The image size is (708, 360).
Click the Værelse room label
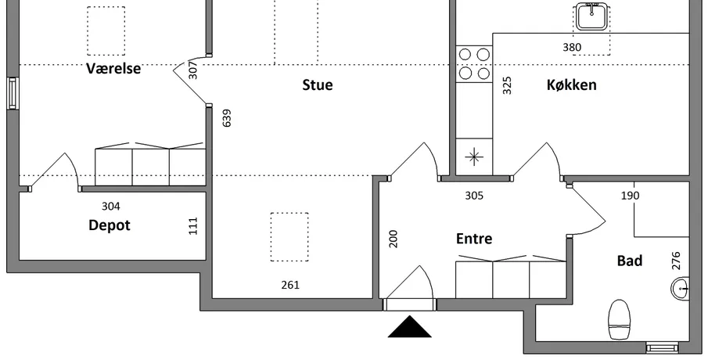coord(113,69)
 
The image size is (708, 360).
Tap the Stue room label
coord(318,85)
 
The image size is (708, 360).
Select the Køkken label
coord(572,85)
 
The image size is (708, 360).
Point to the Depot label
coord(110,225)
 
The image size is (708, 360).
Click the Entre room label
coord(474,239)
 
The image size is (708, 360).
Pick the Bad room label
coord(630,261)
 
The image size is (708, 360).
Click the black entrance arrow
coord(409,326)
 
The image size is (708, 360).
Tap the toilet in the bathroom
coord(619,319)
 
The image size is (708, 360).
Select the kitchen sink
coord(591,16)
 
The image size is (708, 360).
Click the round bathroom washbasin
coord(680,288)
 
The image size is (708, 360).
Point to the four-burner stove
coord(474,63)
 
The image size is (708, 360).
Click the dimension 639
coord(227,118)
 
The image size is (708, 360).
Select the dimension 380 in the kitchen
coord(572,47)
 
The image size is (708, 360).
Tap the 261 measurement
coord(290,285)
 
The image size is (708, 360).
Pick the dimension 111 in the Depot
coord(193,226)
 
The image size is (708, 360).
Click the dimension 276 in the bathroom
coord(676,261)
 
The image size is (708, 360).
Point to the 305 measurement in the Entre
coord(474,196)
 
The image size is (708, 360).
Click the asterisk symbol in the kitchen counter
coord(474,157)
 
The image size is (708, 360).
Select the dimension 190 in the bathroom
coord(631,196)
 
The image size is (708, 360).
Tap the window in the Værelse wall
coord(13,93)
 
